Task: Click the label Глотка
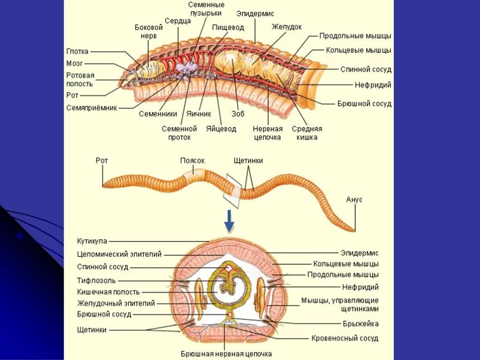77,52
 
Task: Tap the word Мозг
75,63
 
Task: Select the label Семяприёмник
91,107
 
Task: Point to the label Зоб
238,113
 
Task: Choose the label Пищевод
228,28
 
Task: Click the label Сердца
178,21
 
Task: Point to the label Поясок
192,160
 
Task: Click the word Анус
354,200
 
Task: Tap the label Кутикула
92,241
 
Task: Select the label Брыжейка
360,323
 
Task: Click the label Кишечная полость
108,292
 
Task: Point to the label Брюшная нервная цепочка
226,354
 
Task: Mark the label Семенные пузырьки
206,8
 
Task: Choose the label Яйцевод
221,128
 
